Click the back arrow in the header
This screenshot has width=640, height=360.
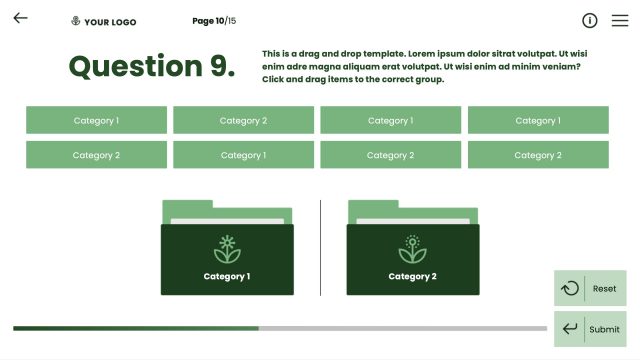pos(20,18)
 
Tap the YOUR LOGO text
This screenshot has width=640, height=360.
pos(110,21)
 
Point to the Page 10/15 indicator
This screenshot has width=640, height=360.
pos(214,21)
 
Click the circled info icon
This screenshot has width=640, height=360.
pos(590,20)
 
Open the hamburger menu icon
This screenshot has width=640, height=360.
pos(620,20)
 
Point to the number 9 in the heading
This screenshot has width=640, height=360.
pos(223,66)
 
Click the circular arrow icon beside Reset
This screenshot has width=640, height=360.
pos(570,288)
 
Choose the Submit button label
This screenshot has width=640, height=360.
pos(604,329)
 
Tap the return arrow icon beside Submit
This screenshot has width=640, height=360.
pos(570,329)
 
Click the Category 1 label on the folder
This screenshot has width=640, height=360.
pos(227,276)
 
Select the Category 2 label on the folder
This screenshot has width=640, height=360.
pos(412,276)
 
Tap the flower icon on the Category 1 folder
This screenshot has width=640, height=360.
pos(227,249)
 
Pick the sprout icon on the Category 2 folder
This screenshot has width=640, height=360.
pos(412,249)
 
